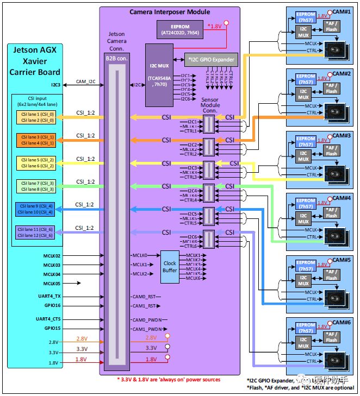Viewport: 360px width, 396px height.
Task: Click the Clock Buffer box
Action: [170, 267]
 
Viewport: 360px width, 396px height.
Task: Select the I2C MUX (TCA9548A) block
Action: [158, 76]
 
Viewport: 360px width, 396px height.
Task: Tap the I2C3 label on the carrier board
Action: [55, 85]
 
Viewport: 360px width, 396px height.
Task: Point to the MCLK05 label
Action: [52, 283]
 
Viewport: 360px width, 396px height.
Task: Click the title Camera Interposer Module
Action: [170, 11]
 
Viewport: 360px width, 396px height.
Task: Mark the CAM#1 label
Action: [341, 11]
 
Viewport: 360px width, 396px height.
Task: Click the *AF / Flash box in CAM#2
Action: [331, 88]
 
